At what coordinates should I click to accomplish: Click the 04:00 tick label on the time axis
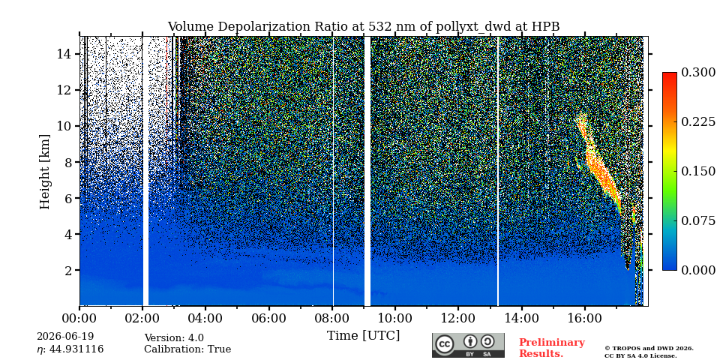[205, 318]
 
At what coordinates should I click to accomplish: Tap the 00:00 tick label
[79, 318]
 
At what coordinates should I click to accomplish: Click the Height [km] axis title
[44, 172]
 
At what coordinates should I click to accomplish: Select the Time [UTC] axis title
[363, 336]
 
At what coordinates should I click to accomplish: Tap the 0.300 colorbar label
[698, 73]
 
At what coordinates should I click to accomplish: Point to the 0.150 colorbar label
[698, 171]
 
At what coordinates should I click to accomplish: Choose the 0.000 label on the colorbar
[698, 270]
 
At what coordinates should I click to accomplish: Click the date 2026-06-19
[65, 337]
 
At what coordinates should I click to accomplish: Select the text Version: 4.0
[174, 338]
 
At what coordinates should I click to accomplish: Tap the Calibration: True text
[187, 349]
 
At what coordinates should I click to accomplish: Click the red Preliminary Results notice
[552, 348]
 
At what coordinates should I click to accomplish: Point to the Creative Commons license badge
[468, 345]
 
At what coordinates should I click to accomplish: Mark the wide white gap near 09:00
[367, 171]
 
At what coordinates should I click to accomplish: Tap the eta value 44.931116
[76, 349]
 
